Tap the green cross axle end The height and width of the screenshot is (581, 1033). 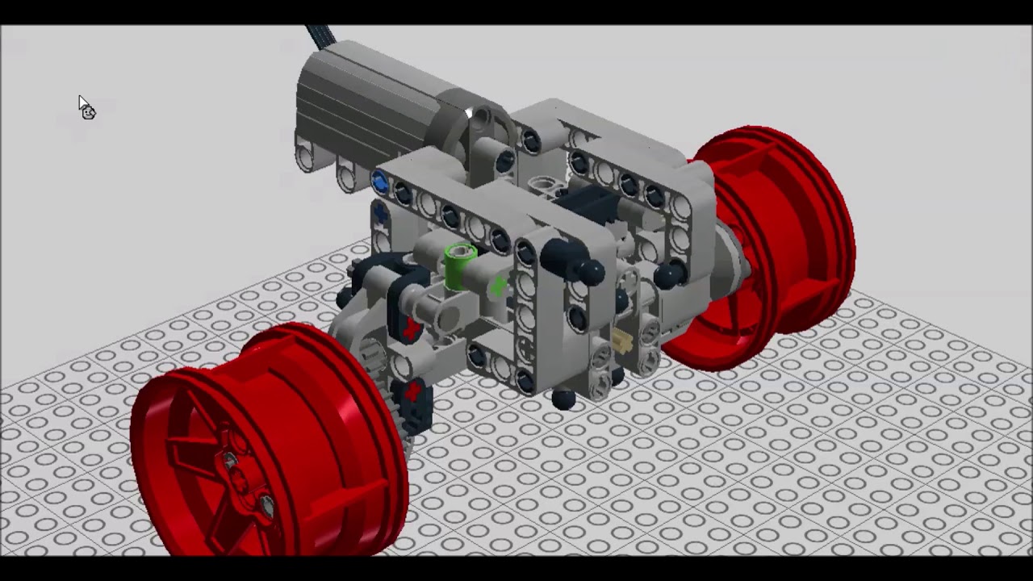[498, 286]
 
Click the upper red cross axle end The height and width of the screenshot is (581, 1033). [412, 328]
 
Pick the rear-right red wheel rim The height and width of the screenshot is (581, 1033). [775, 242]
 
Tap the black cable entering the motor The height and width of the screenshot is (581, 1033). [319, 37]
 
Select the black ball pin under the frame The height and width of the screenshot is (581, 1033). [563, 399]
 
